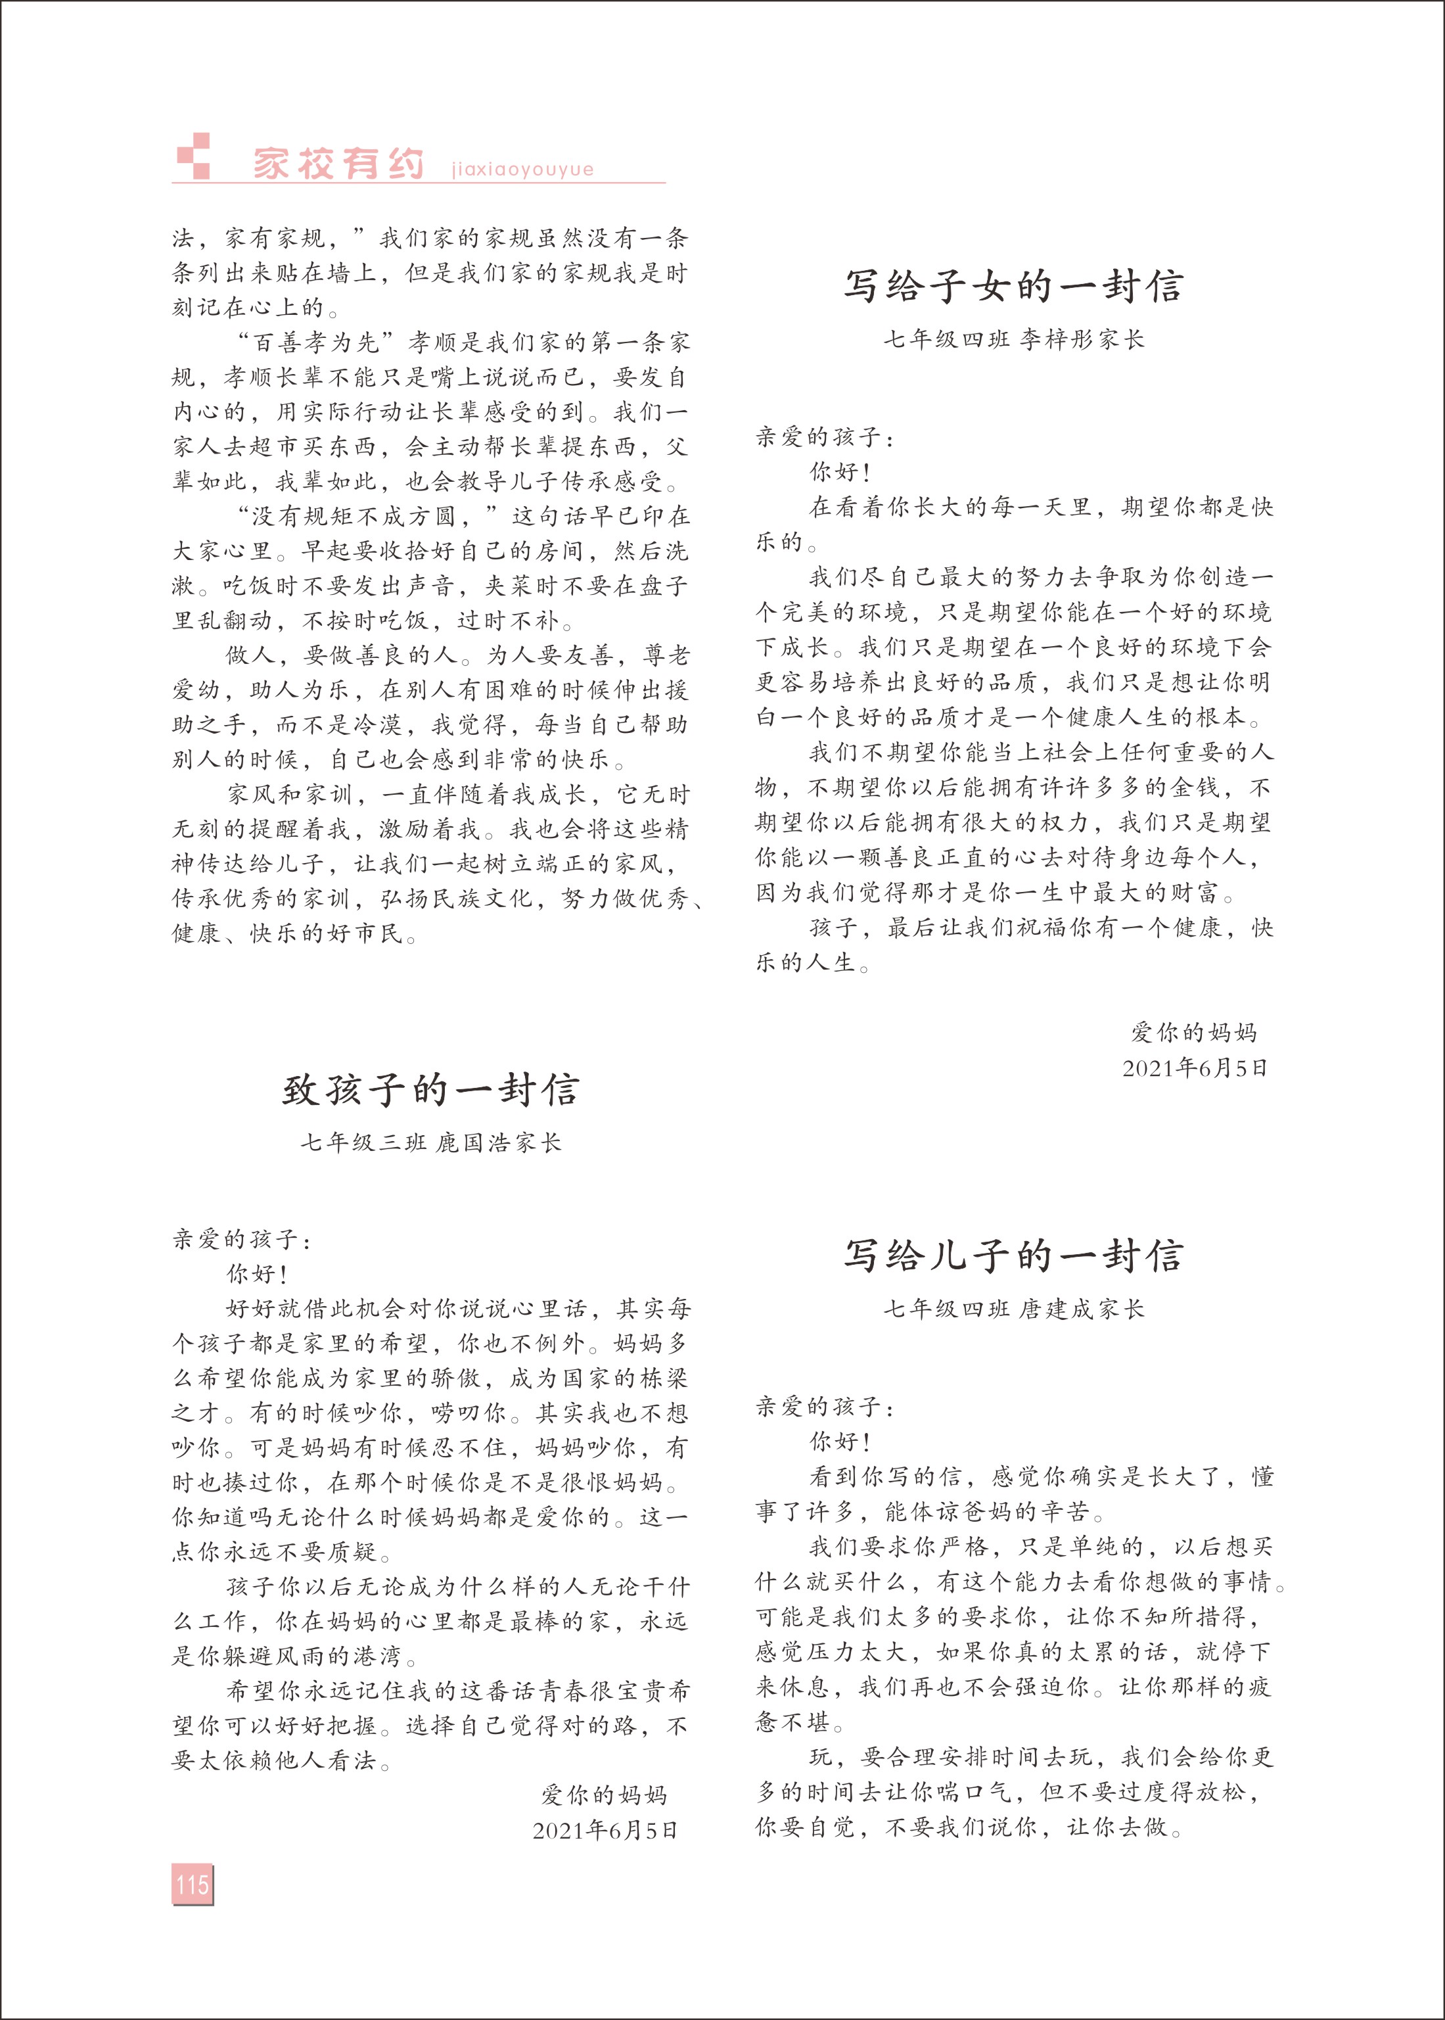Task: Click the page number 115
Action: point(192,1884)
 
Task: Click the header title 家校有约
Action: point(338,164)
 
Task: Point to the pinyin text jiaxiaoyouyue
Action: point(522,169)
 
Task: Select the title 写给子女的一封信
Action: point(1013,286)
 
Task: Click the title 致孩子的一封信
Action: point(430,1090)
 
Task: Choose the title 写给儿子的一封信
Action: point(1013,1256)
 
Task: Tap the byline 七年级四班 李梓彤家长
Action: point(1013,340)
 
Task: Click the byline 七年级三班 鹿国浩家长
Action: point(430,1142)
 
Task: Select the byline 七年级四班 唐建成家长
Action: point(1013,1309)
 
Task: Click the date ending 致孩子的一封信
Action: point(605,1831)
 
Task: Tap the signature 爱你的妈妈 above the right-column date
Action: point(1194,1032)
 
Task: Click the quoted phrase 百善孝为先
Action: point(317,342)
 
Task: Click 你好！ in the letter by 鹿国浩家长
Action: point(257,1275)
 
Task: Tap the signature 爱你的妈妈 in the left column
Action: point(604,1795)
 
